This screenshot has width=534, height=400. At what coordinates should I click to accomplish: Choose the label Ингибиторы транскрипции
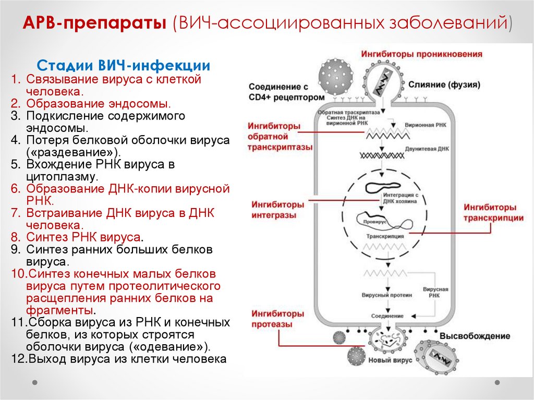click(494, 213)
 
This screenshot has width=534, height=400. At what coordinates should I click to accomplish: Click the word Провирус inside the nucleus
click(372, 222)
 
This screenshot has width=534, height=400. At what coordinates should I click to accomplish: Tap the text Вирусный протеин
click(387, 295)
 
